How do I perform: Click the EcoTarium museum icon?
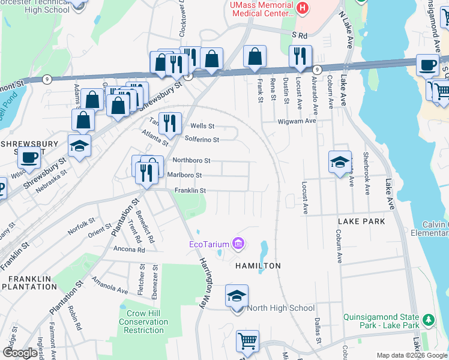point(239,244)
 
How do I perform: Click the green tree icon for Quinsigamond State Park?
point(428,318)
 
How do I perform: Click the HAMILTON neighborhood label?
point(258,265)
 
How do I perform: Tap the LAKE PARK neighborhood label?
point(361,221)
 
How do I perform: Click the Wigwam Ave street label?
point(297,121)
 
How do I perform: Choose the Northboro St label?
point(191,160)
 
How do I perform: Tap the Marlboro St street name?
point(184,175)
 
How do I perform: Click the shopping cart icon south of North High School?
point(247,340)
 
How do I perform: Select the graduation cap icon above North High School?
point(237,295)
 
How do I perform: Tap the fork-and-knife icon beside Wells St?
point(170,123)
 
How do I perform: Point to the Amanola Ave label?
point(110,285)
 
